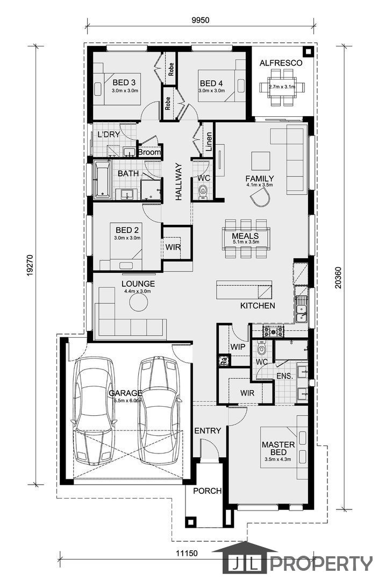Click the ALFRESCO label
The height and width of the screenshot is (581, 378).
[281, 63]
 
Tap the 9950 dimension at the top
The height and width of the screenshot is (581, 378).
[201, 20]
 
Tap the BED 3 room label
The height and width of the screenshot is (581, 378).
[124, 82]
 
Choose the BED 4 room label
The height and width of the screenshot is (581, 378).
[211, 83]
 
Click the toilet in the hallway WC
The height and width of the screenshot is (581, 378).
[203, 192]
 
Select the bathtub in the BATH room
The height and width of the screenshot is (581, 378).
[102, 179]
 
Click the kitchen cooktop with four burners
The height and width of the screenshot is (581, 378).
[273, 330]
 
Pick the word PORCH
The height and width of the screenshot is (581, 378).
[208, 491]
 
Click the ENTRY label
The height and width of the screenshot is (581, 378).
[208, 430]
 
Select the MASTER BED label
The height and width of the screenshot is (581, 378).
[278, 448]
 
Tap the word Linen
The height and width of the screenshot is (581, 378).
[209, 142]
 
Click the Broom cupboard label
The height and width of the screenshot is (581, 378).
[149, 152]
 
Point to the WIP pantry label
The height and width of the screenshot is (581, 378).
[238, 347]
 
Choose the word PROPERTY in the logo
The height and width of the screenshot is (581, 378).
[320, 564]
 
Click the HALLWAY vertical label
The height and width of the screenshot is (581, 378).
[179, 182]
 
